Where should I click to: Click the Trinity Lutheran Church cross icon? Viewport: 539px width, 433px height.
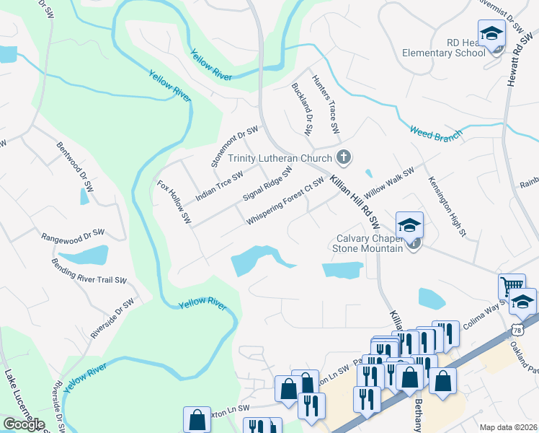tap(344, 157)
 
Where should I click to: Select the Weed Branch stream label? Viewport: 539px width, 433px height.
tap(435, 134)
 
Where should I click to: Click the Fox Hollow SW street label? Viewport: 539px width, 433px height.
tap(174, 201)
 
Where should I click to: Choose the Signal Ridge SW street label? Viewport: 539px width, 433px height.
tap(267, 185)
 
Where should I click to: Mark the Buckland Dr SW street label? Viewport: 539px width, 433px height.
tap(301, 110)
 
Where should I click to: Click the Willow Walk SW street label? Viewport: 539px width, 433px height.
tap(389, 183)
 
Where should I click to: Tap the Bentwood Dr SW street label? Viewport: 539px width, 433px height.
tap(75, 165)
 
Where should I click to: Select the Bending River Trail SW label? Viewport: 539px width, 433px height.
tap(89, 271)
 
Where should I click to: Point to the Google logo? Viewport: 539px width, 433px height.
tap(24, 424)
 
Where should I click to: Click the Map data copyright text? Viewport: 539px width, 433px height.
tap(508, 427)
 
